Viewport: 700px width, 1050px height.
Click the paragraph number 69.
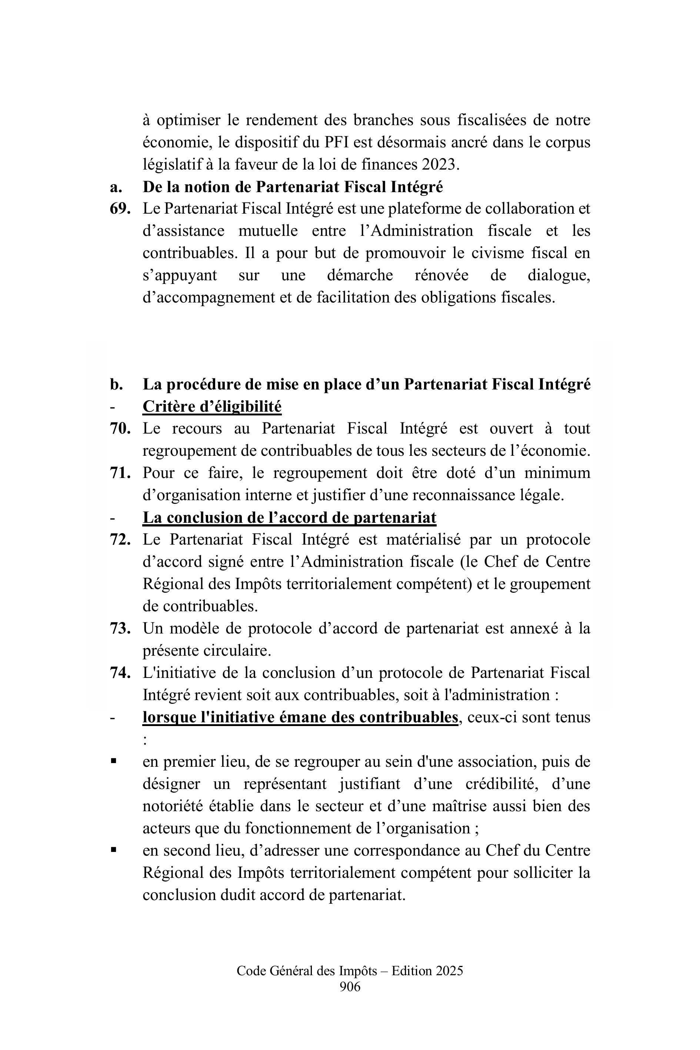coord(120,209)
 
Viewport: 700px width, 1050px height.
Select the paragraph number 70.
coord(120,429)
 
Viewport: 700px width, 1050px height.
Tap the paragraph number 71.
coord(120,473)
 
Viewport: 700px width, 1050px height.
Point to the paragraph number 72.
coord(120,540)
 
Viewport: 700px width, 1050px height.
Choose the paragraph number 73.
coord(120,629)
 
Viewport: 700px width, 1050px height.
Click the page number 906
coord(350,987)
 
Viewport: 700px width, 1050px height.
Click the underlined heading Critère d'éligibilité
coord(212,407)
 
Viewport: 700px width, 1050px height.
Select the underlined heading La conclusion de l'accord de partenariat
coord(289,518)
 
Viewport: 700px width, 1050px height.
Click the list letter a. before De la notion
coord(116,187)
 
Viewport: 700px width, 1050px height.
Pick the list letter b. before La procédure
coord(116,385)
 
